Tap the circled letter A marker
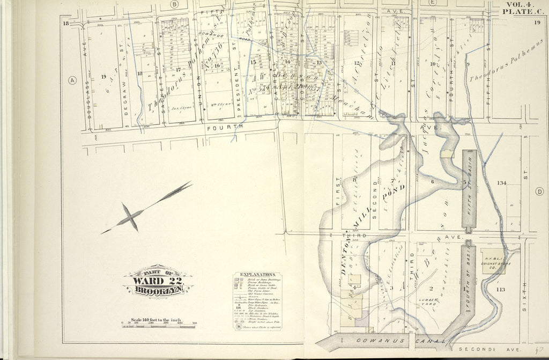71,80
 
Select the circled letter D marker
539,192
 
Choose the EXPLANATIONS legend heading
255,274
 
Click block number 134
501,183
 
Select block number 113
501,290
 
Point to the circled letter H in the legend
239,326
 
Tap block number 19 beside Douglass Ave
103,77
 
